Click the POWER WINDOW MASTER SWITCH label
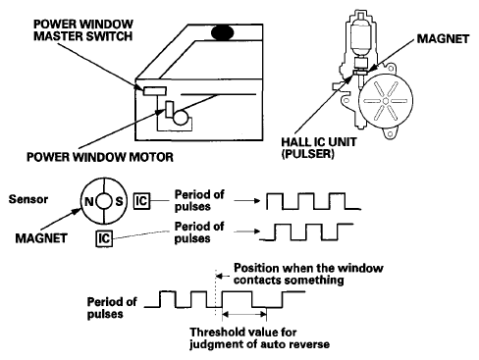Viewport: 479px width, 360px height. coord(83,30)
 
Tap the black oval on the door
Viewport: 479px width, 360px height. coord(223,32)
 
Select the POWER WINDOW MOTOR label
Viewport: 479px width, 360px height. coord(100,157)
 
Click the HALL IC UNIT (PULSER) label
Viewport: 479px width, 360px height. coord(319,148)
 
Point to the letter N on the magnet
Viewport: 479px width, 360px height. coord(89,201)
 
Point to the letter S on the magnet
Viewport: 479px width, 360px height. coord(119,201)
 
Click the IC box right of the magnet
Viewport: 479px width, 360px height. coord(141,201)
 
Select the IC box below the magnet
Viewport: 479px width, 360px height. coord(104,238)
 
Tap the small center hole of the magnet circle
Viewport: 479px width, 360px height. coord(104,201)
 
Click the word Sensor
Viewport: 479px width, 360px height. coord(28,199)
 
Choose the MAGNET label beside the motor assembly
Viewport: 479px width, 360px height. coord(443,39)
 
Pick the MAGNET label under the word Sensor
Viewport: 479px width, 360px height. coord(41,238)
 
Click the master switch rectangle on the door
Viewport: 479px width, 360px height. coord(155,91)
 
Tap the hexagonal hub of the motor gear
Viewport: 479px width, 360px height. coord(386,101)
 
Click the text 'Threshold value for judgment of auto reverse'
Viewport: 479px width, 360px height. coord(259,338)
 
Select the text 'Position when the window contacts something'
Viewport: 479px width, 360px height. coord(308,274)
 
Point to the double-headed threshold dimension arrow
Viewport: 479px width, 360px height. coord(244,315)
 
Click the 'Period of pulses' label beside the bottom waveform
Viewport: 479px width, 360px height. coord(112,308)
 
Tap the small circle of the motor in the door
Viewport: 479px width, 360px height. coord(181,118)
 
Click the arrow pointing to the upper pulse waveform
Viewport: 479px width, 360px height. coord(247,200)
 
